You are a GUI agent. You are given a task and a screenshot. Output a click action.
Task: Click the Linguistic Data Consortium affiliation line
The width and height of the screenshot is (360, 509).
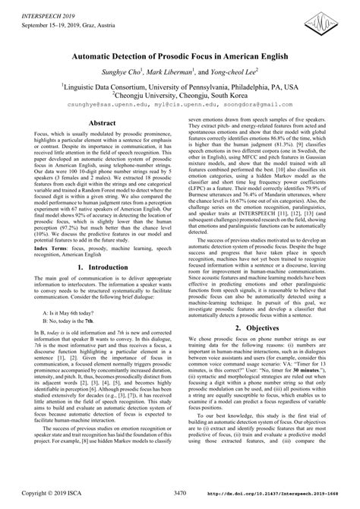180,87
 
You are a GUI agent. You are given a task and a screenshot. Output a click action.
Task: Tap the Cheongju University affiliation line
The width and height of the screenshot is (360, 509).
180,97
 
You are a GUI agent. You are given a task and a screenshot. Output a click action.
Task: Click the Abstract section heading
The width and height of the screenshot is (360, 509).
102,122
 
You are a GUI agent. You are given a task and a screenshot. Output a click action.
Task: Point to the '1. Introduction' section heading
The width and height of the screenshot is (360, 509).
102,269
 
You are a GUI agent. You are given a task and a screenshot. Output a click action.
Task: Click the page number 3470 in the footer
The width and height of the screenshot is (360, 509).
179,494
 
